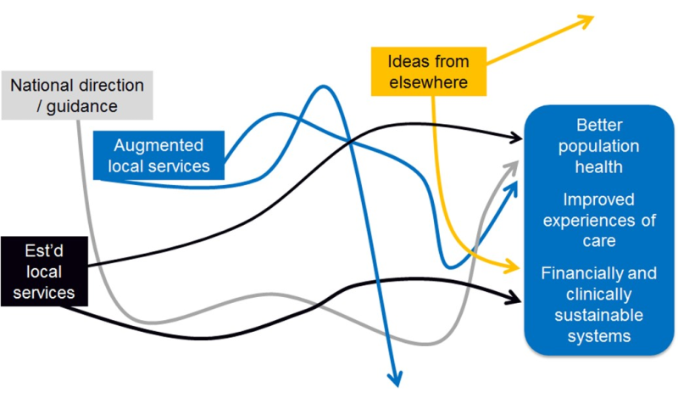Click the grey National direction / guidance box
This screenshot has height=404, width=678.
tap(75, 95)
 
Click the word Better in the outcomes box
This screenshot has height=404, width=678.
tap(599, 125)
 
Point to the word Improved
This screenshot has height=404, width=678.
tap(599, 199)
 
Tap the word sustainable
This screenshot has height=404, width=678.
tap(599, 316)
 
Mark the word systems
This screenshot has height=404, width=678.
tap(599, 336)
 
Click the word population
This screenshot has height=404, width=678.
tap(599, 146)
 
